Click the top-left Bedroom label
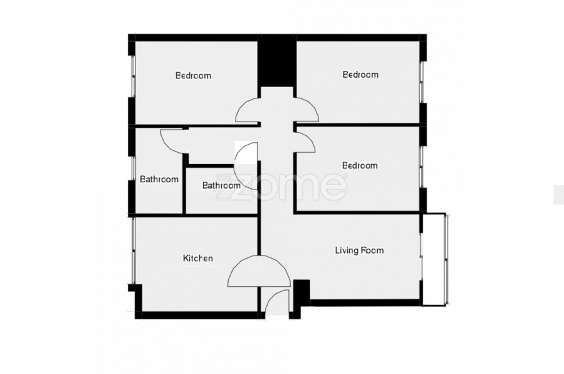[193, 76]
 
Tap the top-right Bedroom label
[360, 75]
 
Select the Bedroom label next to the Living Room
[360, 165]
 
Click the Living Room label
[359, 250]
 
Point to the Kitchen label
[198, 258]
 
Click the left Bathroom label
[159, 179]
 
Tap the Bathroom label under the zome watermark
[221, 185]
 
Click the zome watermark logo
[281, 186]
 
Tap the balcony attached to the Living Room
[434, 259]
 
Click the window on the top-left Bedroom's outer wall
[133, 76]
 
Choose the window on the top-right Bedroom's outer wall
[422, 81]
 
